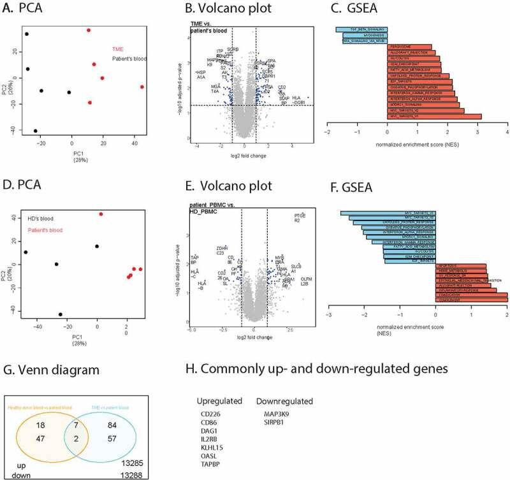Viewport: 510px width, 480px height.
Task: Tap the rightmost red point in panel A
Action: click(142, 87)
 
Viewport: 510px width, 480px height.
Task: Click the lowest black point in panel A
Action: click(36, 131)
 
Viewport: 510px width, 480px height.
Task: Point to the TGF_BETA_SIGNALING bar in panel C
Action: click(361, 29)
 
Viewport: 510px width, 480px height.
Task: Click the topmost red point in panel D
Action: click(100, 214)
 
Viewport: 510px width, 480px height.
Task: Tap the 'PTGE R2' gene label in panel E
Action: click(300, 218)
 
